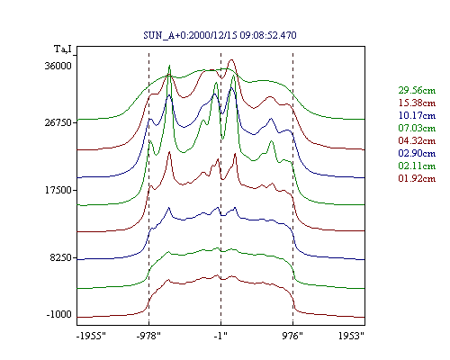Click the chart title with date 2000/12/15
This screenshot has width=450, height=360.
(220, 35)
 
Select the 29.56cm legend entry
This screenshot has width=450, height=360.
(417, 90)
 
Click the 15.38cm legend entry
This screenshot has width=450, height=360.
(417, 103)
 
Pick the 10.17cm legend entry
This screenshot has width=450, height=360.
(417, 115)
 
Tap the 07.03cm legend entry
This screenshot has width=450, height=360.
(417, 128)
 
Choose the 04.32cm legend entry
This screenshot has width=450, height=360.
(417, 140)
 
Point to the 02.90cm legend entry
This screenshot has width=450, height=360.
(417, 153)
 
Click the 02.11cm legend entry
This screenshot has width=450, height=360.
(417, 166)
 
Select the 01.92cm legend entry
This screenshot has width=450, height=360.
(417, 178)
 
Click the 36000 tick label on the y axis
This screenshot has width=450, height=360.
(58, 66)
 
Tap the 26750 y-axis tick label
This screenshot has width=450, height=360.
(58, 122)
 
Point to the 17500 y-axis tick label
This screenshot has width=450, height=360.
(58, 190)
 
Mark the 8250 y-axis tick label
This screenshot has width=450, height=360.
(61, 257)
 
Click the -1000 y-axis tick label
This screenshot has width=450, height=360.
(59, 314)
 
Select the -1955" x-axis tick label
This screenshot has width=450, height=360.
(92, 336)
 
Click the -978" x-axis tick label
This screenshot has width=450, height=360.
(148, 336)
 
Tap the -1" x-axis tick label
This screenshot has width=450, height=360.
(220, 336)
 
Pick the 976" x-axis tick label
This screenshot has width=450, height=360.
(292, 336)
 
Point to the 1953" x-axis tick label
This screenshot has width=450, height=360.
(351, 336)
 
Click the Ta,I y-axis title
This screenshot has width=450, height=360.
(63, 49)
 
